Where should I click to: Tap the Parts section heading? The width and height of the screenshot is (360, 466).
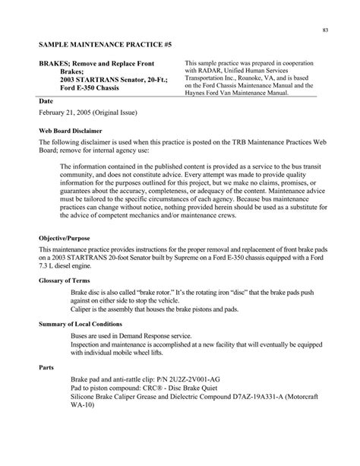[x=47, y=376]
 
